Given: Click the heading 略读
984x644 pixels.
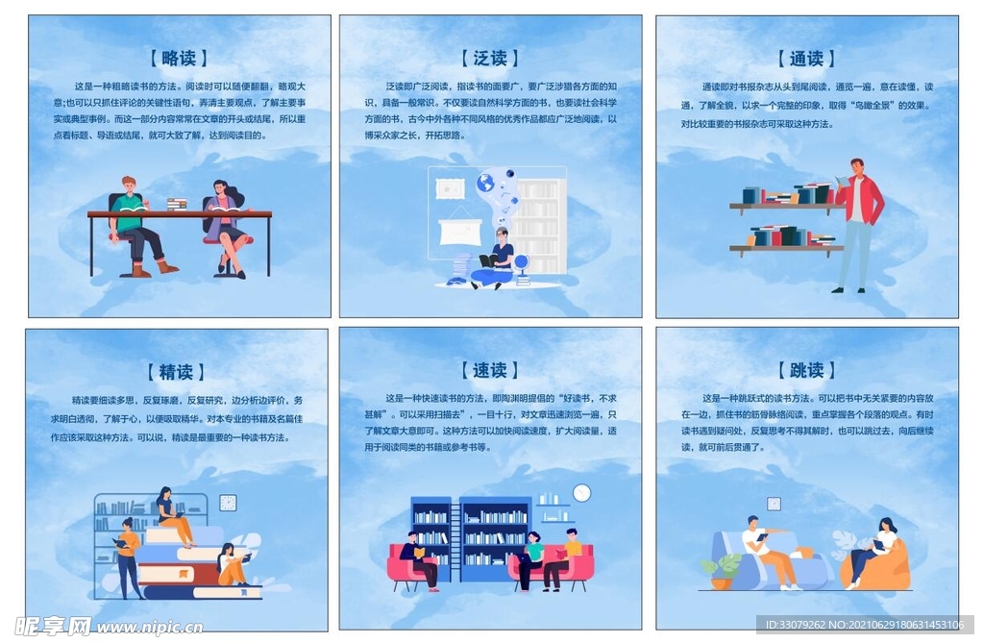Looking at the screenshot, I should point(179,58).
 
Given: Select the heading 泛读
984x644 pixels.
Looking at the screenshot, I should point(490,58).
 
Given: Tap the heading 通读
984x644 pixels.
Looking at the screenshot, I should point(806,58).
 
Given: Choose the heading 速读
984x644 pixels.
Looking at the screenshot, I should point(490,370).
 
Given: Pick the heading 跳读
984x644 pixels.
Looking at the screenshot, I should point(806,370).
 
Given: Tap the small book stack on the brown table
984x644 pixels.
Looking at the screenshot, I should point(177,204).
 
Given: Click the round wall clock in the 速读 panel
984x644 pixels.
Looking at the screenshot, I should point(581,493).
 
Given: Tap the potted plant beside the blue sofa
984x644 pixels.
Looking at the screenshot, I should point(722,569).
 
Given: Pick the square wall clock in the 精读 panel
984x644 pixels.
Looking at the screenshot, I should point(228,502).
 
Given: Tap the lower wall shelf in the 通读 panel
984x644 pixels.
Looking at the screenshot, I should point(786,248).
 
